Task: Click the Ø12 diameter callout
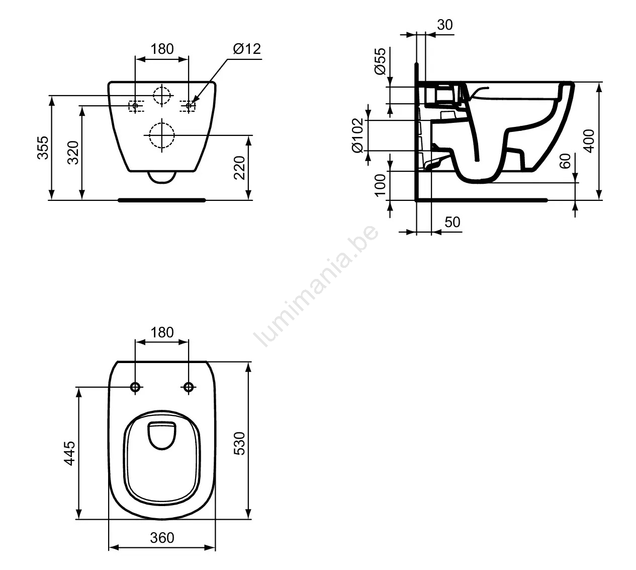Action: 247,49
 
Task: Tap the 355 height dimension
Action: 43,148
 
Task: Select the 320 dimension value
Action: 73,153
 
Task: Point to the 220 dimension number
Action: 239,167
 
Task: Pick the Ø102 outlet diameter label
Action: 358,135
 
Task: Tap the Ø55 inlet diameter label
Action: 380,61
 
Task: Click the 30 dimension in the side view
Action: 445,25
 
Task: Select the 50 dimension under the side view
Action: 452,222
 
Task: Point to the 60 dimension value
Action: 565,161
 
